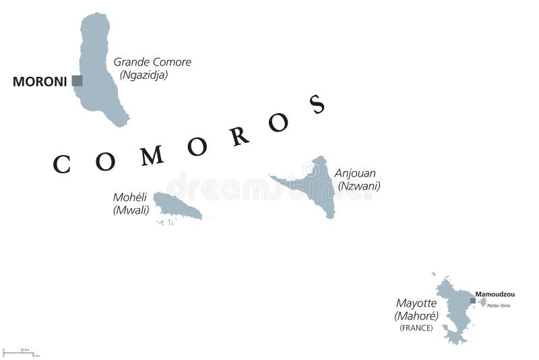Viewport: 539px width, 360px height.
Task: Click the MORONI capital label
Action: pos(40,82)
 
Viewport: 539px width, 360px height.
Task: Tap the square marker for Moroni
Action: pos(77,81)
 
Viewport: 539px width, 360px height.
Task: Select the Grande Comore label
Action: pos(152,62)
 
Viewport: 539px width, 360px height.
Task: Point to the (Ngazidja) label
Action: pos(144,75)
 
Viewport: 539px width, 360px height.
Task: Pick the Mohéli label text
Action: pos(129,198)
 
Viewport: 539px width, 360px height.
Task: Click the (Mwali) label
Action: pos(131,210)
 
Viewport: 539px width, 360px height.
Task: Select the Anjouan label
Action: pos(355,173)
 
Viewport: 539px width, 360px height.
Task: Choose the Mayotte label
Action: pos(416,303)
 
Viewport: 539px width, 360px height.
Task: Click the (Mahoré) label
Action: pos(416,316)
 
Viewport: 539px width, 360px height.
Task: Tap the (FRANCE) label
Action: pos(416,328)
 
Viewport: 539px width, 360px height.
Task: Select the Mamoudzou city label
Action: pos(495,295)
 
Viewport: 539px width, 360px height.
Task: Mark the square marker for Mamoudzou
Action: pos(473,301)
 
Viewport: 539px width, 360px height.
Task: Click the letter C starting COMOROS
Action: pos(61,164)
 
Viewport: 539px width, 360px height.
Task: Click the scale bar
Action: pos(20,353)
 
